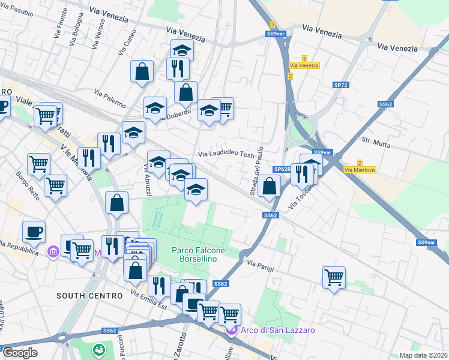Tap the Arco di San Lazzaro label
270,330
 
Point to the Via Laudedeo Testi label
227,154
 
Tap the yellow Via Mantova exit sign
360,170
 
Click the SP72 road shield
340,85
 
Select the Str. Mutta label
375,142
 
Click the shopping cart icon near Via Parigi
334,277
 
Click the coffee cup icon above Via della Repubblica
34,231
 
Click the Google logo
19,353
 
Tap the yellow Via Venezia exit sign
304,65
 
